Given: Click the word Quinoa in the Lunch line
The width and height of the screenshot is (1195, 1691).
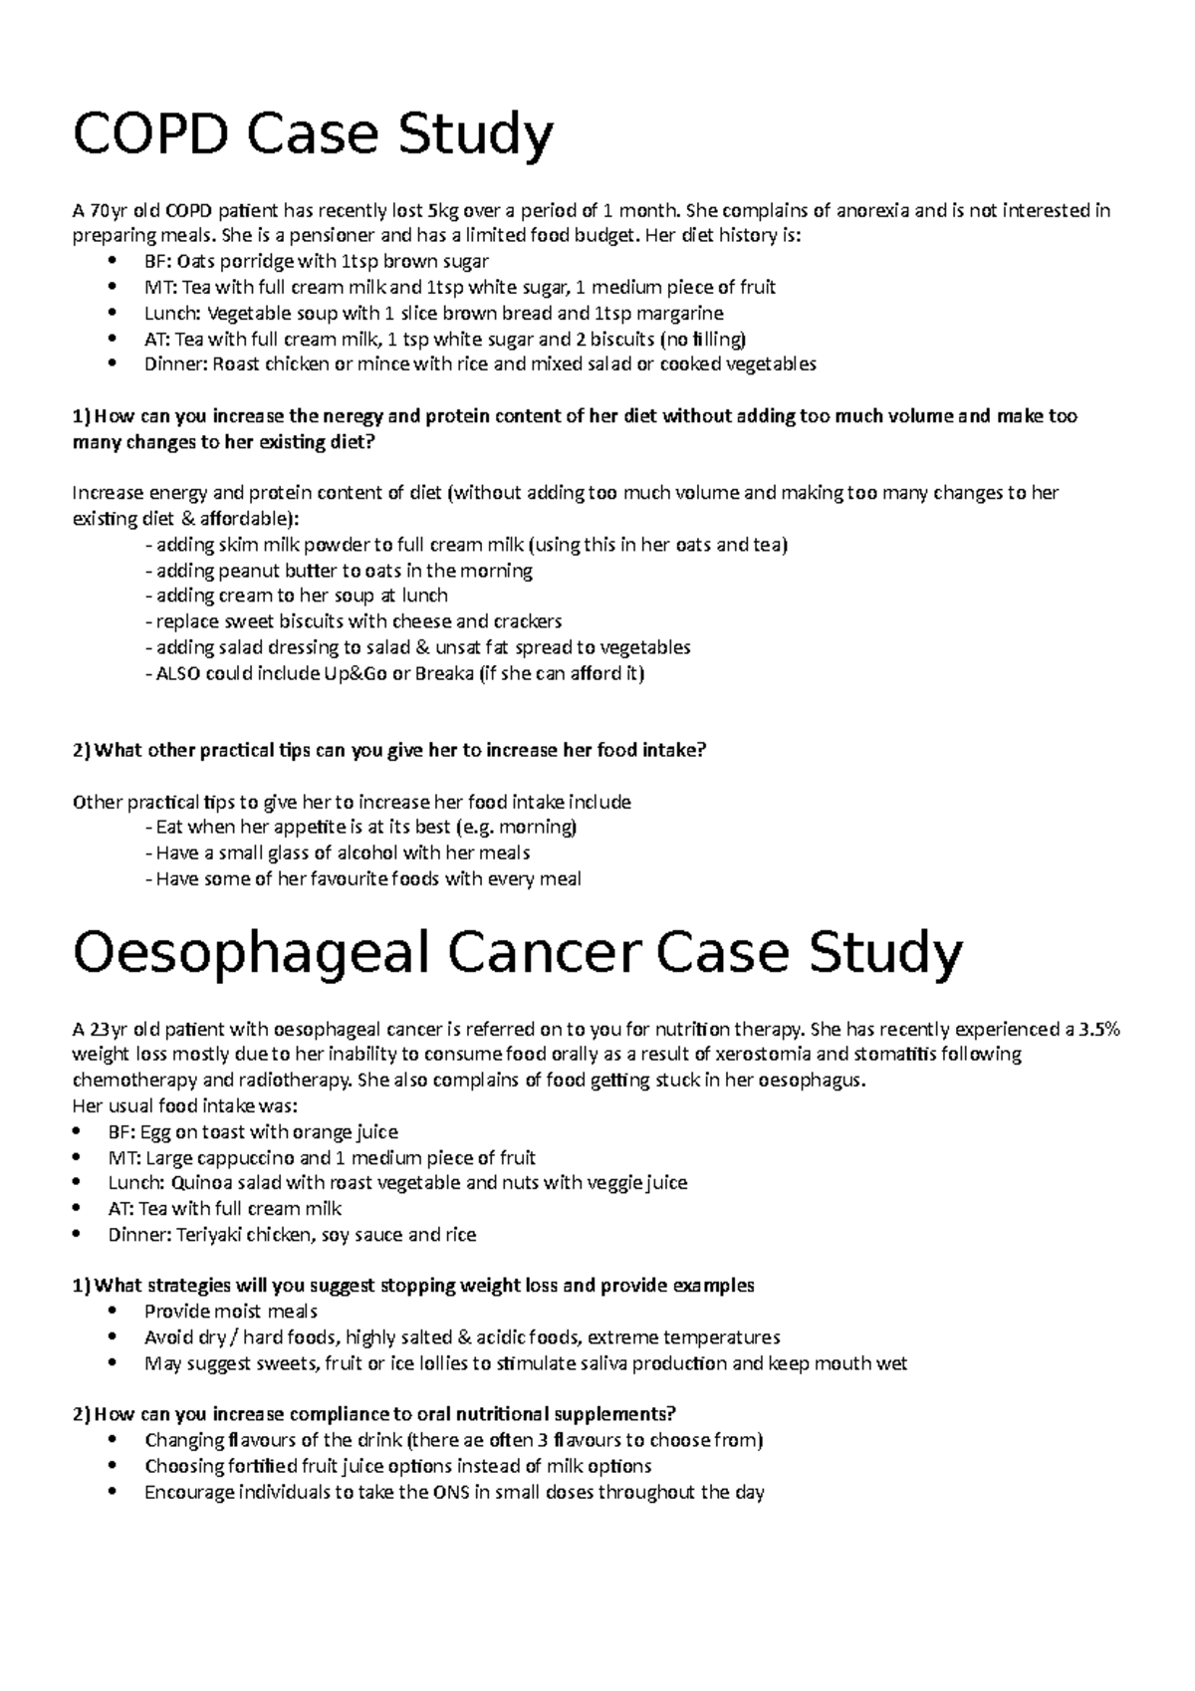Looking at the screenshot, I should pos(204,1183).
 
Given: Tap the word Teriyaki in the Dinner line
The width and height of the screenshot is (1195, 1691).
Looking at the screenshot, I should pos(211,1235).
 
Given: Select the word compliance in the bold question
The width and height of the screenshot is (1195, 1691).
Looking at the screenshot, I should pos(335,1414).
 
